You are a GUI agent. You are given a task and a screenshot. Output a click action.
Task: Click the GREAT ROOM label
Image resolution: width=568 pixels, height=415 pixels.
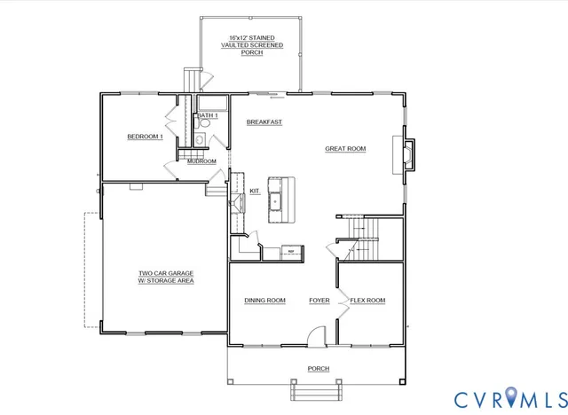click(345, 149)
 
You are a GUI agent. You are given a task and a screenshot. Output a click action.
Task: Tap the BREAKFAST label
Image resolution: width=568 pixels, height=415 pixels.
click(264, 121)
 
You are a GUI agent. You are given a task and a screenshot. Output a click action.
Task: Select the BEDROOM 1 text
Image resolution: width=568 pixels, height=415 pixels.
click(146, 136)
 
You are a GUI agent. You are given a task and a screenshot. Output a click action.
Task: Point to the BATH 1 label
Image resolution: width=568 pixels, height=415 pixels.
click(208, 116)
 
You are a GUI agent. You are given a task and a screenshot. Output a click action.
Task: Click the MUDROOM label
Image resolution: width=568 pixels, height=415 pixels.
click(201, 161)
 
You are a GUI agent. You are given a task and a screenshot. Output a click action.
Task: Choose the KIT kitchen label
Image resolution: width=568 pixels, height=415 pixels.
click(254, 191)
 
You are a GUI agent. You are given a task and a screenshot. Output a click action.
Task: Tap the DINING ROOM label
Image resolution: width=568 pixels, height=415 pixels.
click(264, 301)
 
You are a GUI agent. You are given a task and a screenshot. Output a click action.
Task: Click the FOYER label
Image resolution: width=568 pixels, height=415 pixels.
click(319, 301)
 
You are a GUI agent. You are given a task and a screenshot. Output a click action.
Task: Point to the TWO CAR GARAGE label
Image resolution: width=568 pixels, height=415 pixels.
click(166, 277)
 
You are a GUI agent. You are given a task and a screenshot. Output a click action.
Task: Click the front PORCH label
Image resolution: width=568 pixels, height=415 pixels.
click(318, 369)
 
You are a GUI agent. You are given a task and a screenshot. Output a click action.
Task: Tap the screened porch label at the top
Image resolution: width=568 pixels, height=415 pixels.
click(253, 45)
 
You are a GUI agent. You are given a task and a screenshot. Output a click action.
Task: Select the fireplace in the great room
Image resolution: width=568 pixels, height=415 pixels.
click(407, 153)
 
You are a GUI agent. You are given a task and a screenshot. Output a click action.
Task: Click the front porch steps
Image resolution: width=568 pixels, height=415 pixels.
click(318, 391)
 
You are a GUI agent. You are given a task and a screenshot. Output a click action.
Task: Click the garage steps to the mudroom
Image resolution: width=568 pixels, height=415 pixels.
click(215, 187)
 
